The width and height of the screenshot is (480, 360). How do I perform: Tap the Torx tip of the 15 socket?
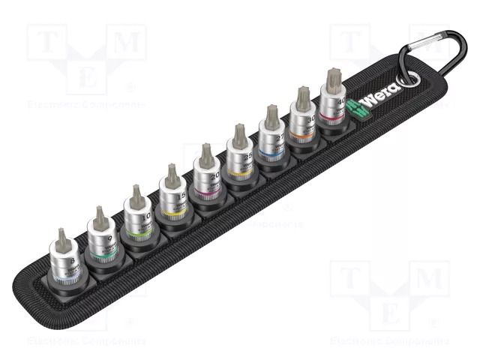coord(172,176)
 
